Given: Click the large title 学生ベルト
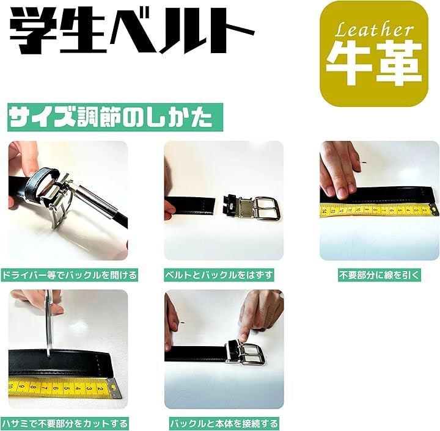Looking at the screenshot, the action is click(132, 31).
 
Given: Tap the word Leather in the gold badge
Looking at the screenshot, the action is click(374, 31).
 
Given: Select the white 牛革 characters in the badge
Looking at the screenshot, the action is click(374, 63).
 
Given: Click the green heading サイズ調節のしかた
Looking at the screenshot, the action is click(115, 117).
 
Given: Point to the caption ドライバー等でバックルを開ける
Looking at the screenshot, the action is click(69, 275).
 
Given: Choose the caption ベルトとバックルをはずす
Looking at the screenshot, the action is click(219, 275).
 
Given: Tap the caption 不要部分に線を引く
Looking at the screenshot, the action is click(380, 275).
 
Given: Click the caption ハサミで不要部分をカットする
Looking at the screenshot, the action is click(65, 424).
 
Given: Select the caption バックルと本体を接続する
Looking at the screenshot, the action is click(224, 424).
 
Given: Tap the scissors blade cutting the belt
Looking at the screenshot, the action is click(49, 331).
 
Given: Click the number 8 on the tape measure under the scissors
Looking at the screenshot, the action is click(33, 388).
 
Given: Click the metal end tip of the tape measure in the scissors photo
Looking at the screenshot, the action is click(115, 388).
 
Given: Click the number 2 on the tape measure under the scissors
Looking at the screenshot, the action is click(100, 389).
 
